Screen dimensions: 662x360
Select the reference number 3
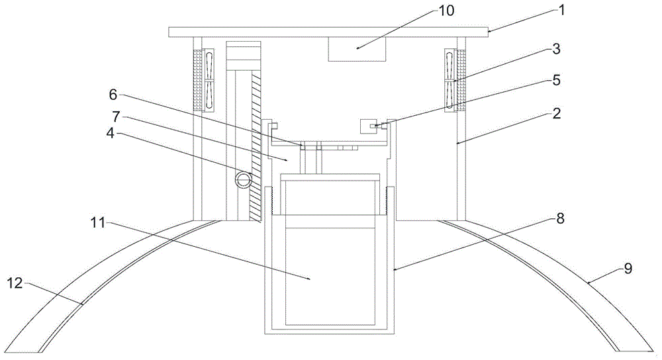557,48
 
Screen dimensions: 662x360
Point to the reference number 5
557,81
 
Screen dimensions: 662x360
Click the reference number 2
557,114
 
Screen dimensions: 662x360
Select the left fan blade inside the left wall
210,80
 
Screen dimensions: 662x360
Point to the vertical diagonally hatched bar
256,146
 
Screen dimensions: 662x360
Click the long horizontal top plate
329,32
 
